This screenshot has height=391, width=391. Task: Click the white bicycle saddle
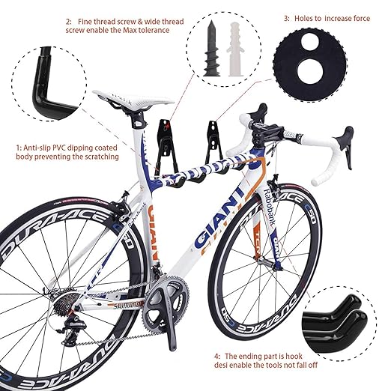(x=133, y=100)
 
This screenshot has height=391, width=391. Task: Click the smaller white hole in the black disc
(x=310, y=41)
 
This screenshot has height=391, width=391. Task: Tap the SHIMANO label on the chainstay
(x=124, y=306)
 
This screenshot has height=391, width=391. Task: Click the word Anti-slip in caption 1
(x=37, y=148)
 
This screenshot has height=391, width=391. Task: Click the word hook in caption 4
(x=294, y=356)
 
